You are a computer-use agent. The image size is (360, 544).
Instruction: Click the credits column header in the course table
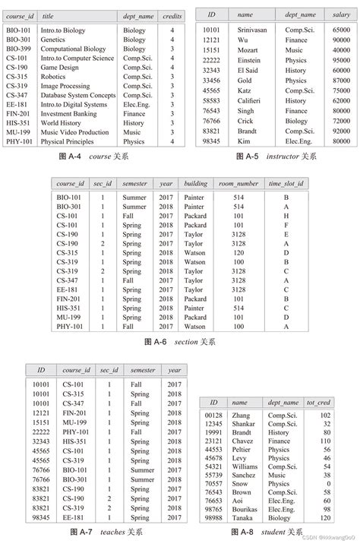[x=172, y=15]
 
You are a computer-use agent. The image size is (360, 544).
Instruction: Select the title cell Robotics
[x=53, y=77]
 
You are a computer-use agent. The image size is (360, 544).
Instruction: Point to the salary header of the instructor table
[x=341, y=14]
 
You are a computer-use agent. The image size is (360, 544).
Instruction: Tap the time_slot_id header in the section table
[x=286, y=183]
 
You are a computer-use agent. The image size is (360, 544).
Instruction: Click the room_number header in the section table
[x=238, y=183]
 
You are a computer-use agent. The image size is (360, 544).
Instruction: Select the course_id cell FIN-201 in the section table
[x=71, y=299]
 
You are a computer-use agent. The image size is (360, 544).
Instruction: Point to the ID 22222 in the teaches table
[x=41, y=432]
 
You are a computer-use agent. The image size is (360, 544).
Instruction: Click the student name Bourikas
[x=245, y=508]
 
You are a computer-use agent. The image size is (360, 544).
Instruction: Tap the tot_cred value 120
[x=325, y=517]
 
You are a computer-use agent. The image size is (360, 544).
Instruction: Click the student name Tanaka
[x=242, y=517]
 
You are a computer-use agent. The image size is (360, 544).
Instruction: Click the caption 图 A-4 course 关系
[x=93, y=155]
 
